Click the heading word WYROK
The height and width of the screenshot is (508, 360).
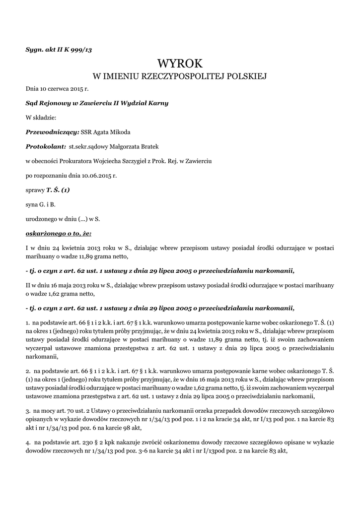180,63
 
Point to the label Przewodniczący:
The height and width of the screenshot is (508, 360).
49,131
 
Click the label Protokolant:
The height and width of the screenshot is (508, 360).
46,146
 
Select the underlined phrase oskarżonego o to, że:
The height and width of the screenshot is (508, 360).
59,233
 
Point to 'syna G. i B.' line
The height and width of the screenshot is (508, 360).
40,204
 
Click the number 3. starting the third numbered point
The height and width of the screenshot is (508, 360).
28,412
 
